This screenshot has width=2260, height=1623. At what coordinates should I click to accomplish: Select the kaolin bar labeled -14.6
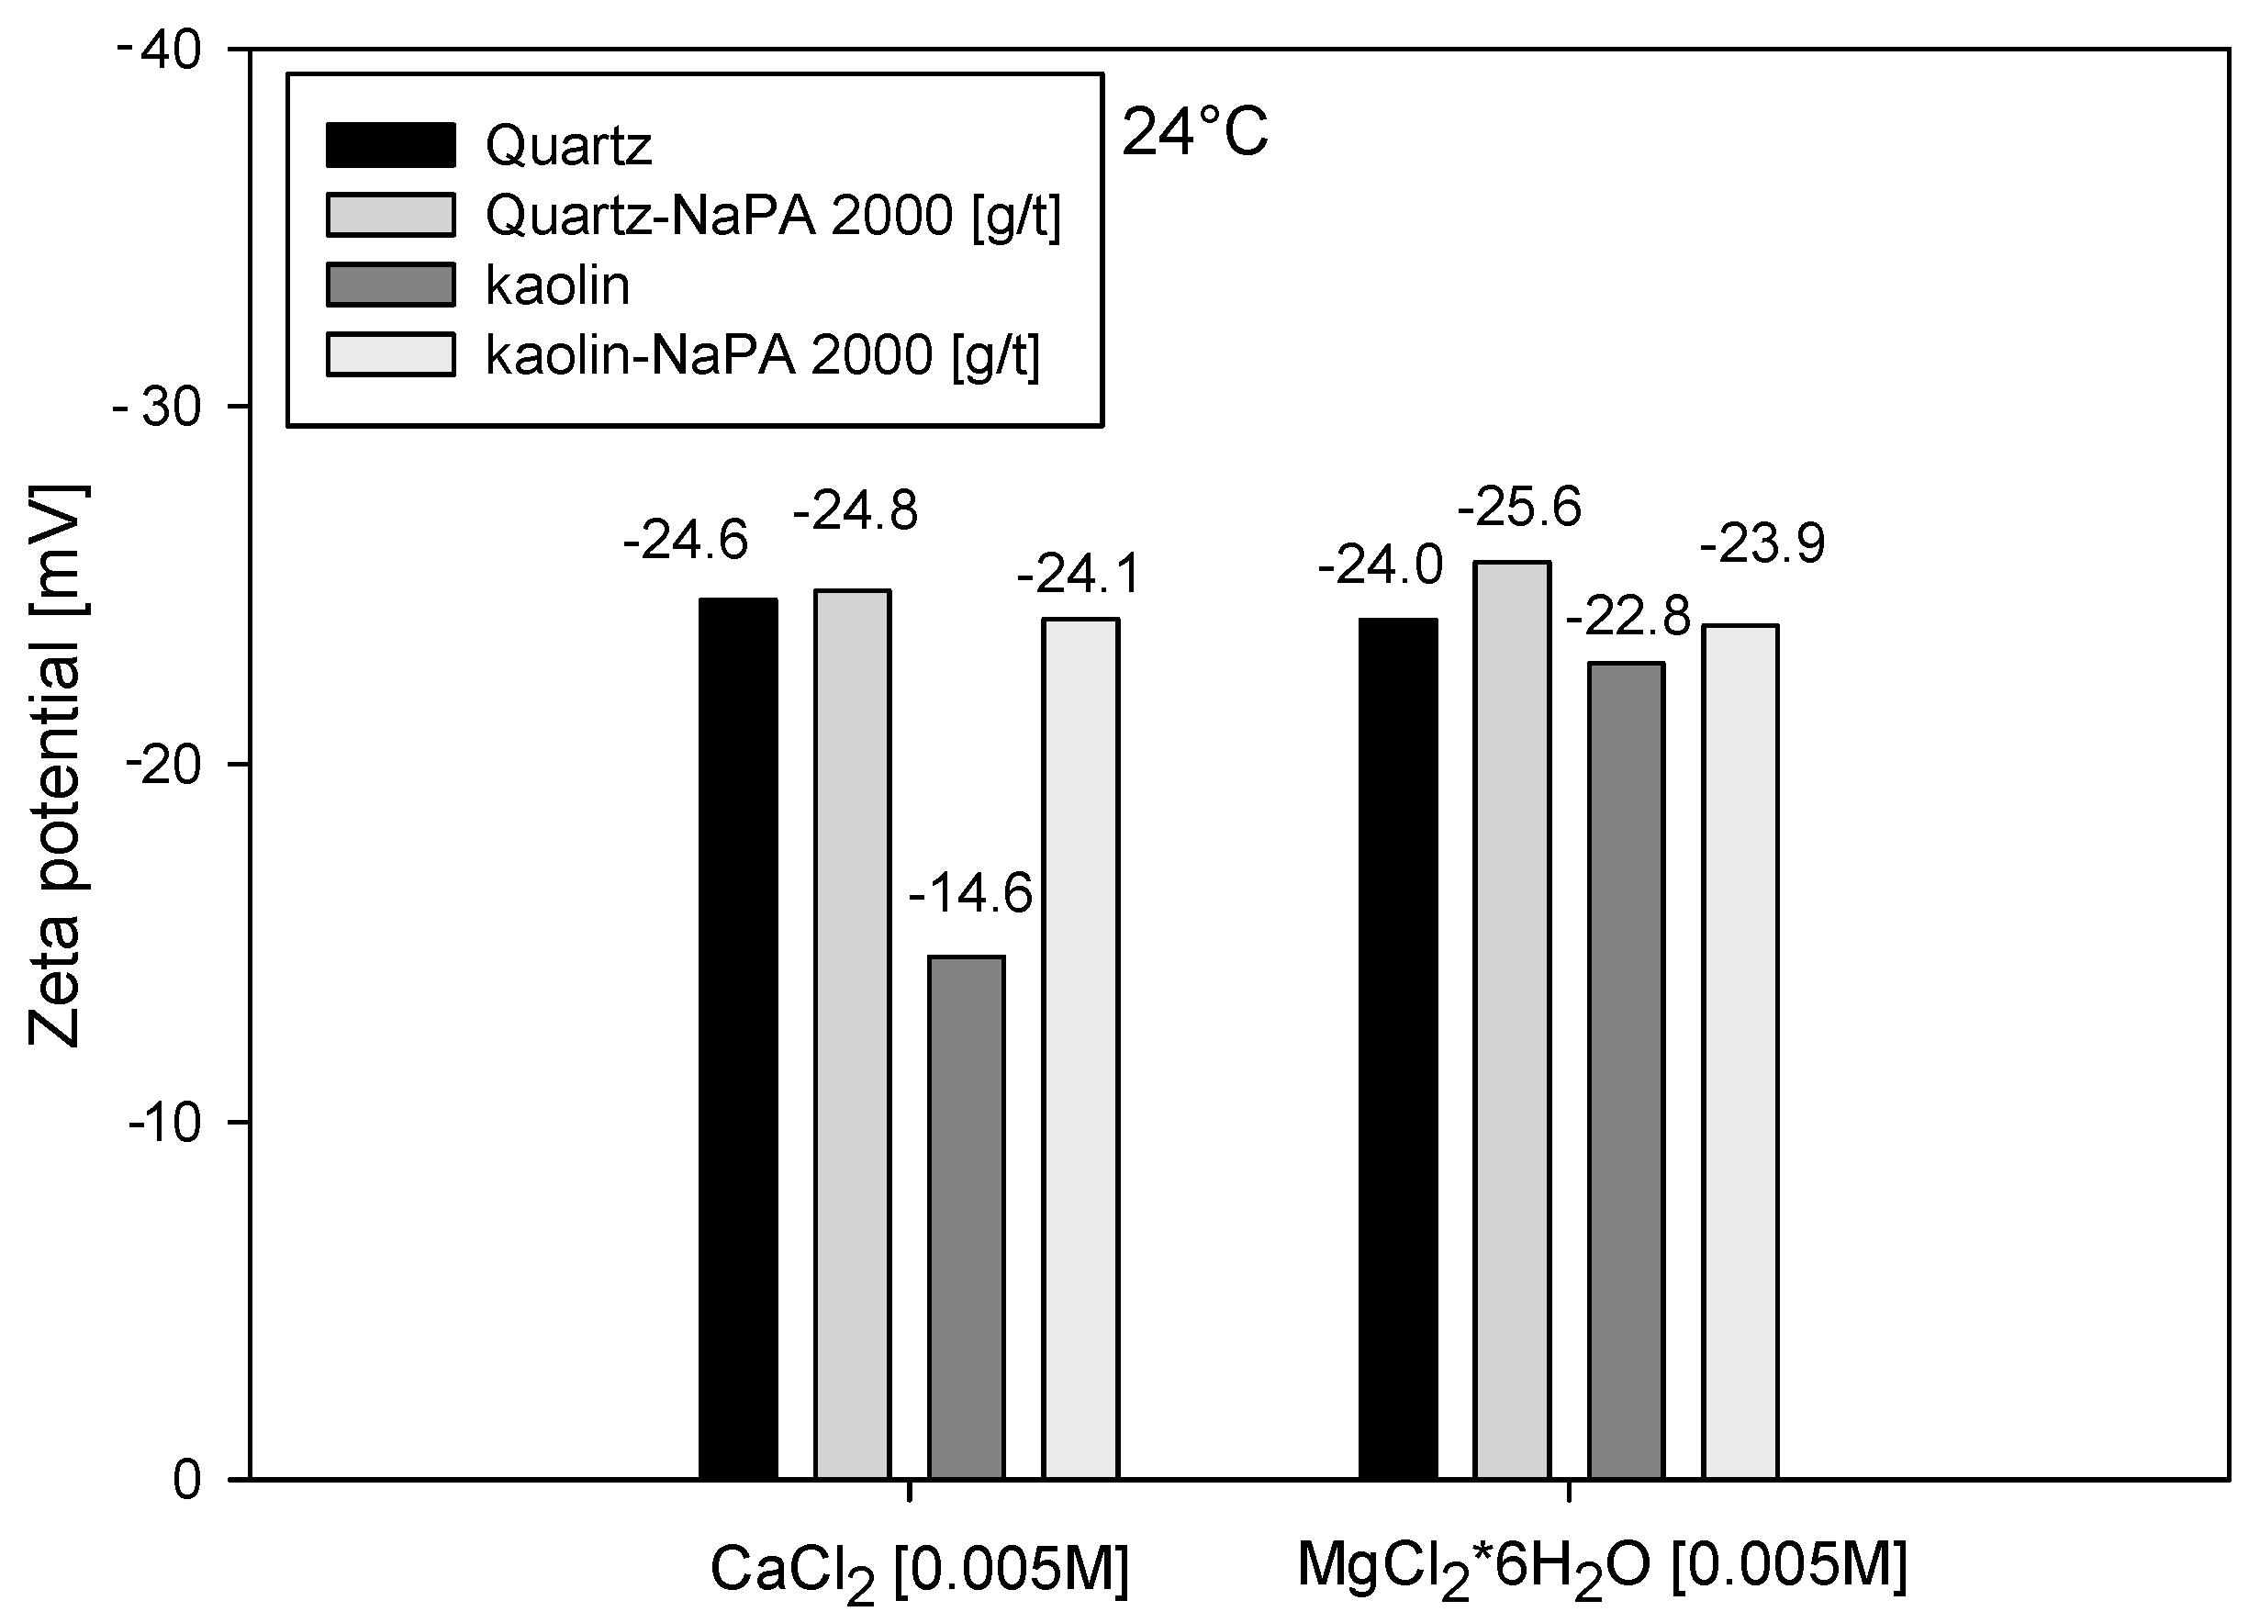(x=966, y=1216)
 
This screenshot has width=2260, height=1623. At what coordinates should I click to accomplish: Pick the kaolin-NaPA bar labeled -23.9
(x=1740, y=1051)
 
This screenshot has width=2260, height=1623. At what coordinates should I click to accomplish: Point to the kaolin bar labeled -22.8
(x=1627, y=1070)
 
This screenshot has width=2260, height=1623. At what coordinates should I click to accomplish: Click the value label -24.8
(x=855, y=512)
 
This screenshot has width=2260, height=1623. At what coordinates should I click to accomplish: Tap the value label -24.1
(x=1079, y=575)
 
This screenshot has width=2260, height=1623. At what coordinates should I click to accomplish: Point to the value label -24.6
(x=686, y=542)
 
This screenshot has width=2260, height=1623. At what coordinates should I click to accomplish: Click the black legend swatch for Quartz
(x=391, y=144)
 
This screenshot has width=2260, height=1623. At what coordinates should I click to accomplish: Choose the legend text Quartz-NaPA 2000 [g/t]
(x=773, y=215)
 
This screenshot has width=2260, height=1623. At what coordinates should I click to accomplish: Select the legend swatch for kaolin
(x=391, y=285)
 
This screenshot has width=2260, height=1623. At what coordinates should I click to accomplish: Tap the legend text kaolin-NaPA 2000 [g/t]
(x=762, y=355)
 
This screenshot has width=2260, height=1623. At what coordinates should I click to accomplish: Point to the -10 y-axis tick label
(x=164, y=1122)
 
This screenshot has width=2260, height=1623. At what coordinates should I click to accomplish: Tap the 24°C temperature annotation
(x=1195, y=132)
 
